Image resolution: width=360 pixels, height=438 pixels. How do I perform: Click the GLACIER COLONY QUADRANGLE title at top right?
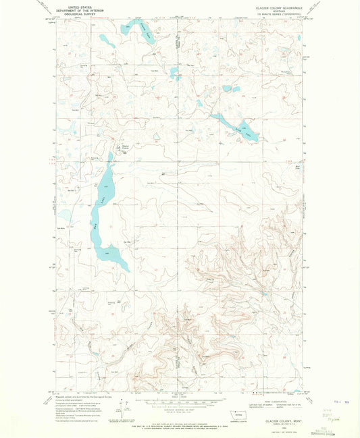(x=284, y=5)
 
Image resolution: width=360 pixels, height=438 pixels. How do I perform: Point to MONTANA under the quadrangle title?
(x=284, y=9)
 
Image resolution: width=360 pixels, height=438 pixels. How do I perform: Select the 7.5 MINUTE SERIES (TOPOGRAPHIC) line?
(x=284, y=12)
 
